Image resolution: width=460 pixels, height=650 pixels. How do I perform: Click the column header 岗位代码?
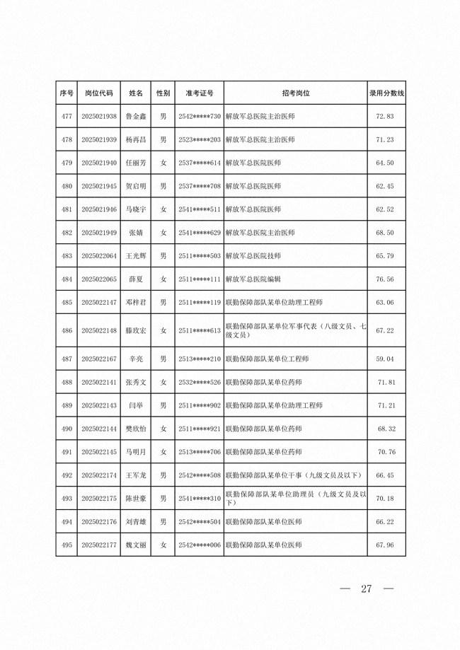pyautogui.click(x=99, y=93)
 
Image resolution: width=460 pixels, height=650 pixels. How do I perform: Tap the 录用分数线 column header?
pyautogui.click(x=386, y=93)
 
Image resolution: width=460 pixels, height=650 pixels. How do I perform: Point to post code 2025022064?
pyautogui.click(x=99, y=256)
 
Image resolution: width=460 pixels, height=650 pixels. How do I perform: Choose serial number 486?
pyautogui.click(x=67, y=330)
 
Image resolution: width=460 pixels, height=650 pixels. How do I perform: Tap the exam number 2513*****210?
pyautogui.click(x=200, y=359)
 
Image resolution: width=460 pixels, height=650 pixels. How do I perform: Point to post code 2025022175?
pyautogui.click(x=99, y=499)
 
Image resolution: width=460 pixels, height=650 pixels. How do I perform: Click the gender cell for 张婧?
pyautogui.click(x=163, y=233)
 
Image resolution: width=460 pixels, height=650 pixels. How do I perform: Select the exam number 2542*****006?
pyautogui.click(x=200, y=545)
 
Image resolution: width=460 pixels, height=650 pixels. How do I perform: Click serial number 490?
pyautogui.click(x=67, y=429)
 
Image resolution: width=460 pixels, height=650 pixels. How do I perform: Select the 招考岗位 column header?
pyautogui.click(x=295, y=93)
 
